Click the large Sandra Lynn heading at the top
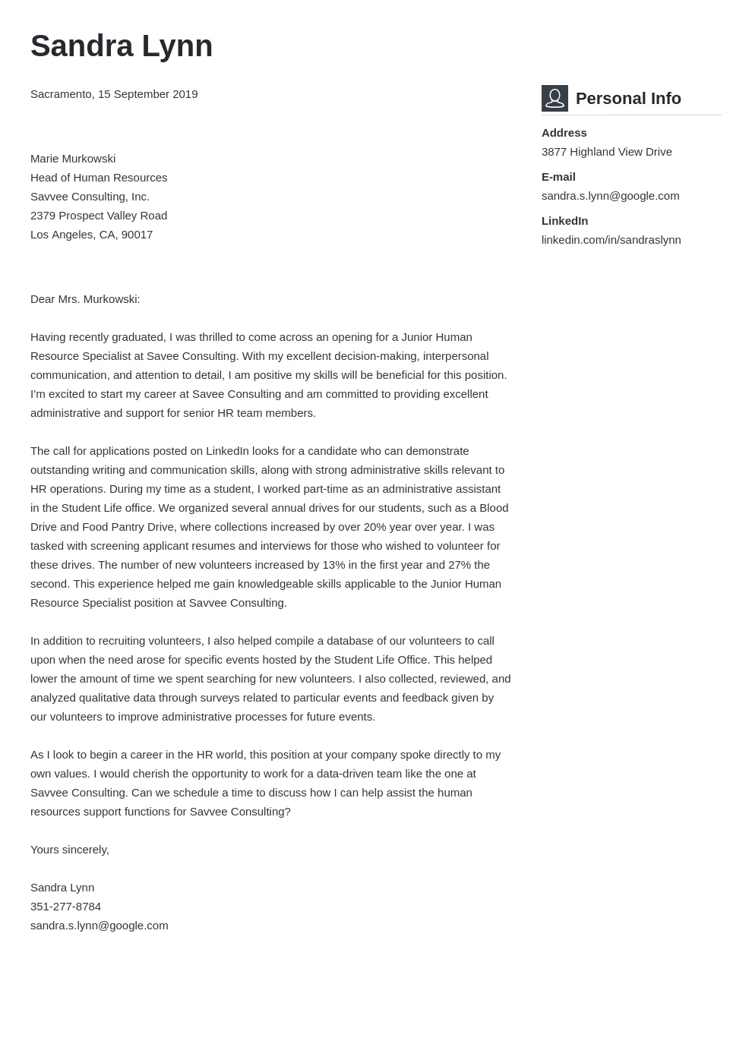tap(122, 46)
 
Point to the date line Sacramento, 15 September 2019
tap(114, 94)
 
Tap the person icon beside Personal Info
tap(555, 98)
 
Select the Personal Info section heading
tap(628, 99)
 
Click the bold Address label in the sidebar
tap(564, 133)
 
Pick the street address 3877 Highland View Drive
tap(606, 152)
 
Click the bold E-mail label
tap(558, 177)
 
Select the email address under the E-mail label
tap(610, 196)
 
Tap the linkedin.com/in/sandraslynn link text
tap(611, 240)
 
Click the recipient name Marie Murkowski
tap(73, 159)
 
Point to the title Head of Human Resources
tap(99, 178)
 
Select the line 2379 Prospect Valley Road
tap(99, 216)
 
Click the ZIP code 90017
tap(137, 235)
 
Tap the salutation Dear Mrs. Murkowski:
tap(85, 299)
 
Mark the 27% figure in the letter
tap(460, 565)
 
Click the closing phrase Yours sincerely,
tap(70, 850)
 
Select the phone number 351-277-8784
tap(65, 907)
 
